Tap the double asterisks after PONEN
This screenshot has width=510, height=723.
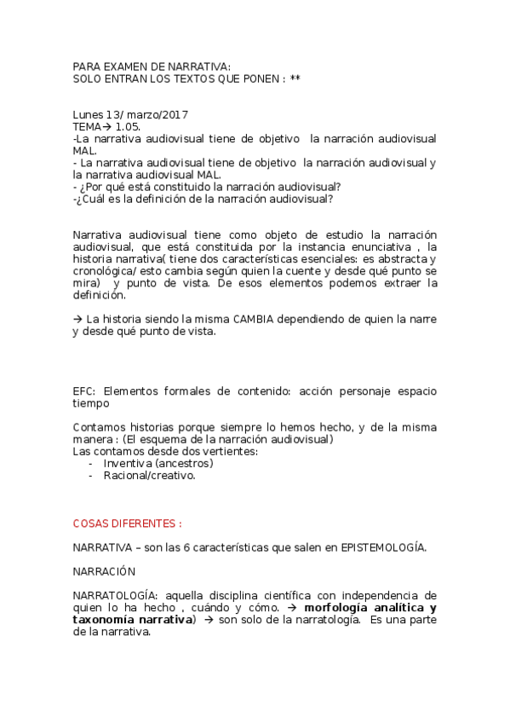295,78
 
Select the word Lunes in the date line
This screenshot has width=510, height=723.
88,114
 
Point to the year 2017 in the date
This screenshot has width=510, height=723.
173,114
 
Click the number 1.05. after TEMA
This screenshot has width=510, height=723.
129,126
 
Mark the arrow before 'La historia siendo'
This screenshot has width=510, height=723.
78,319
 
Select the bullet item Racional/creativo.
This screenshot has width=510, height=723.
149,475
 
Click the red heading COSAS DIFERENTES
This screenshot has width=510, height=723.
127,523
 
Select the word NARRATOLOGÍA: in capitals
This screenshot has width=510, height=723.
114,595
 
